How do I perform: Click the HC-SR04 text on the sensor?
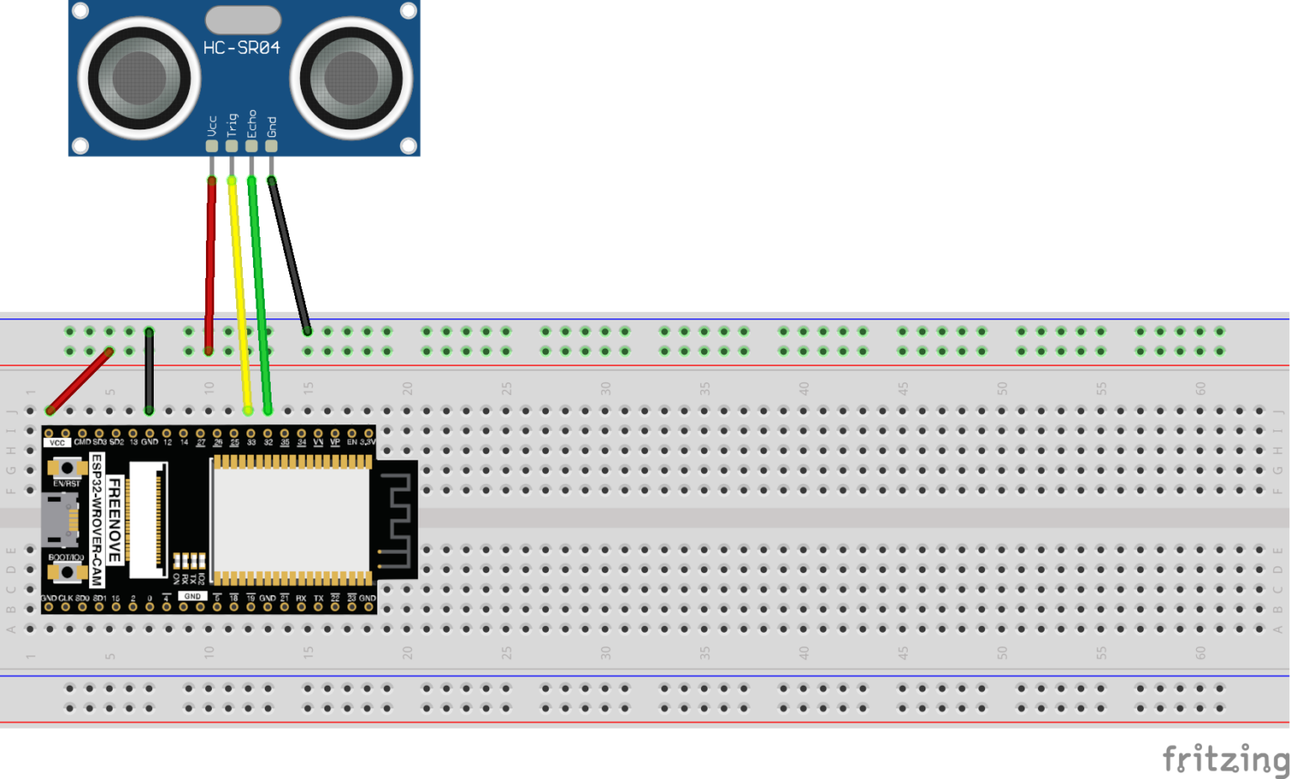click(x=241, y=48)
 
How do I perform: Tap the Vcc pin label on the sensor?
click(x=212, y=126)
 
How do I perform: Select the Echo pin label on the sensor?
click(x=251, y=124)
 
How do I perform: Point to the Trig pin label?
click(x=232, y=125)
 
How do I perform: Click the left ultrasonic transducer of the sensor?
click(x=139, y=79)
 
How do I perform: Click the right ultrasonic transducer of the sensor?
click(x=351, y=79)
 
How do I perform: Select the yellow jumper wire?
click(x=240, y=294)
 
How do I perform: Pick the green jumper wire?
click(x=259, y=294)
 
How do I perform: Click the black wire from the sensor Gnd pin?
click(x=289, y=256)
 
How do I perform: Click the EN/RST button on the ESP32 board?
click(x=66, y=468)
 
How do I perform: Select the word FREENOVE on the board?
click(x=114, y=520)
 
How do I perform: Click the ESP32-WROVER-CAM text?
click(x=97, y=520)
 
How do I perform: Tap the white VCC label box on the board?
click(x=56, y=442)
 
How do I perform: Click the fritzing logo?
click(x=1225, y=759)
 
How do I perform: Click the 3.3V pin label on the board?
click(x=368, y=442)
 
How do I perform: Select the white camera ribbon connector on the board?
click(x=151, y=519)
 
